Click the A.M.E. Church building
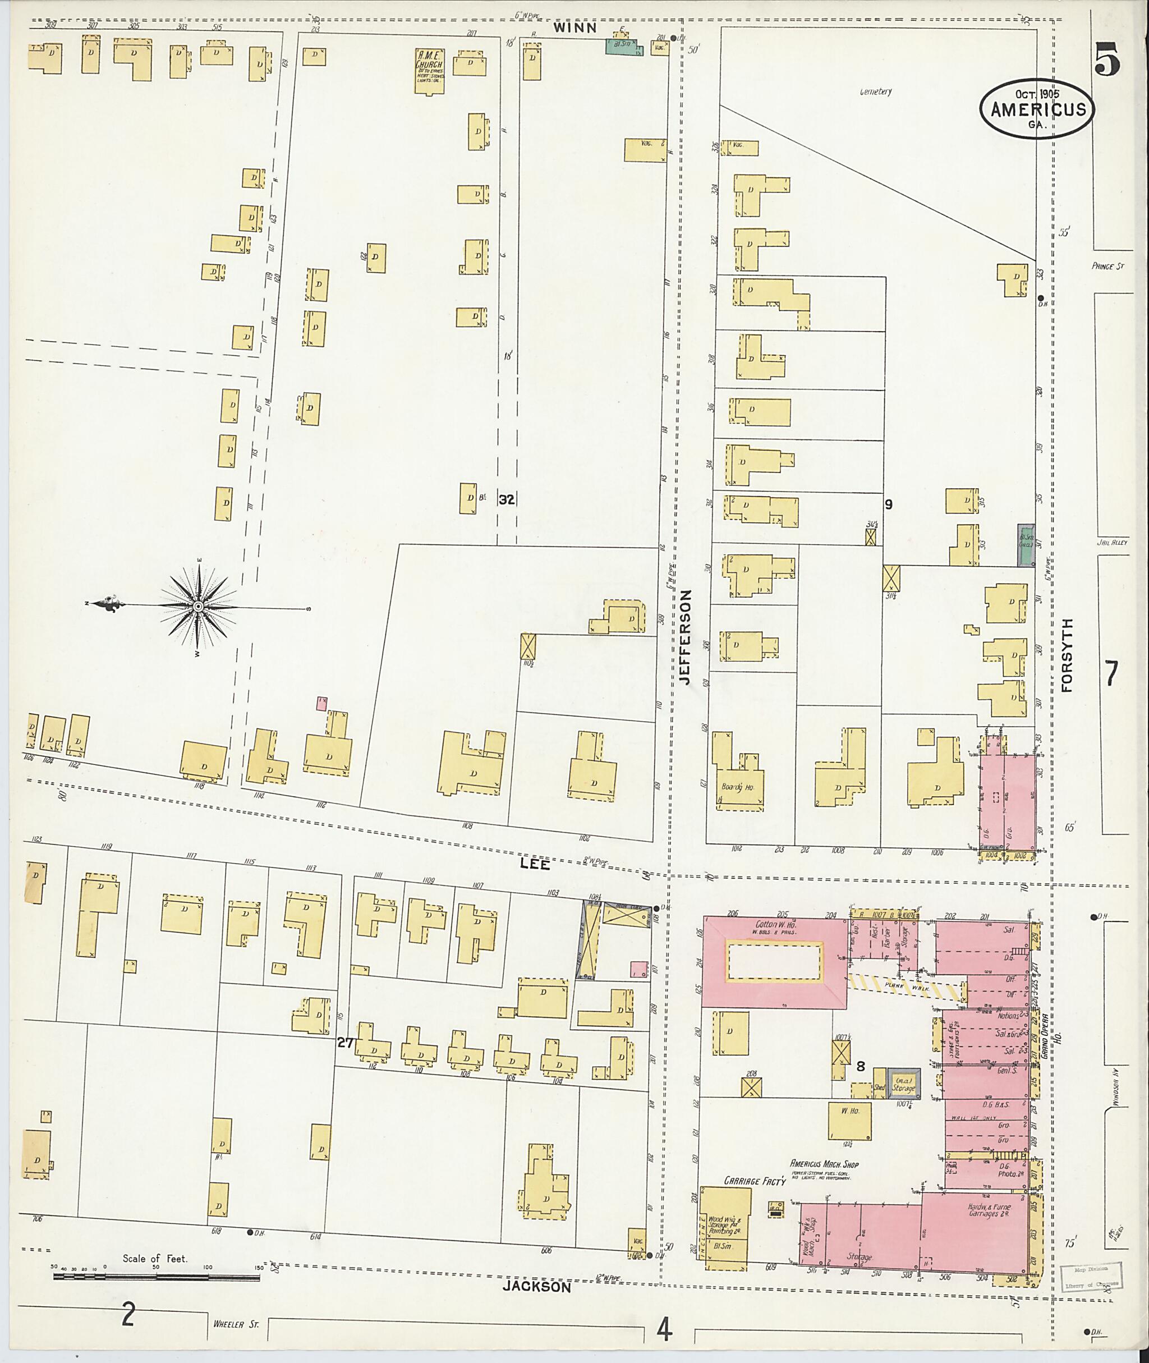point(430,70)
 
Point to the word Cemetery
point(875,92)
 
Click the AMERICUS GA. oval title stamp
point(1037,109)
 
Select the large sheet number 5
point(1107,60)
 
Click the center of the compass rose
point(197,607)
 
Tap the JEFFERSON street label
point(684,636)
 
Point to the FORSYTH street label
point(1067,655)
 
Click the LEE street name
point(535,864)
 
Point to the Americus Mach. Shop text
point(824,1164)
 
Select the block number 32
point(506,499)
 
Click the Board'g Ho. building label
point(737,787)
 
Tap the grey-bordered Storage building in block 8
point(905,1084)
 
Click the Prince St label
point(1108,267)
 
